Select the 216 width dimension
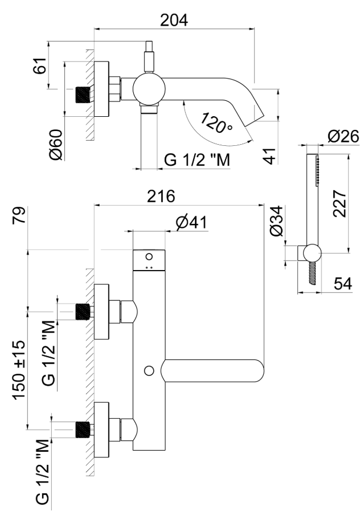click(161, 195)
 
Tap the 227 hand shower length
click(339, 201)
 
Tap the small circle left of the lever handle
click(149, 371)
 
